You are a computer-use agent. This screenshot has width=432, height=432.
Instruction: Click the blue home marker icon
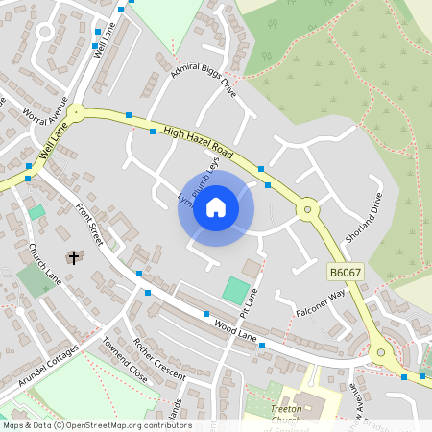[216, 207]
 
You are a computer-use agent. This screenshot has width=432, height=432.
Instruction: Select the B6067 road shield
[346, 274]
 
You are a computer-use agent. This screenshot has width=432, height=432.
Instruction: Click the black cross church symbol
[74, 256]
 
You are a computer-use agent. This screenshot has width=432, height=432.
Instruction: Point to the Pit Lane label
[251, 301]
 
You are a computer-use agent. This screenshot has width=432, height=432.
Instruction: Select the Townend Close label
[125, 362]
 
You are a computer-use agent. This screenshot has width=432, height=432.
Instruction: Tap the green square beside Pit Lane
[235, 288]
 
